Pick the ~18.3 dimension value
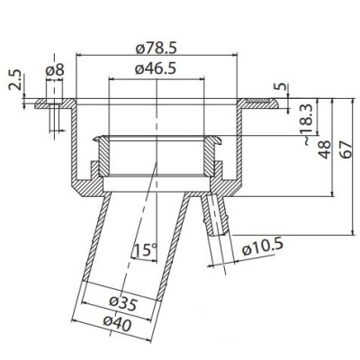(307, 121)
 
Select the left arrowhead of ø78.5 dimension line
(80, 55)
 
